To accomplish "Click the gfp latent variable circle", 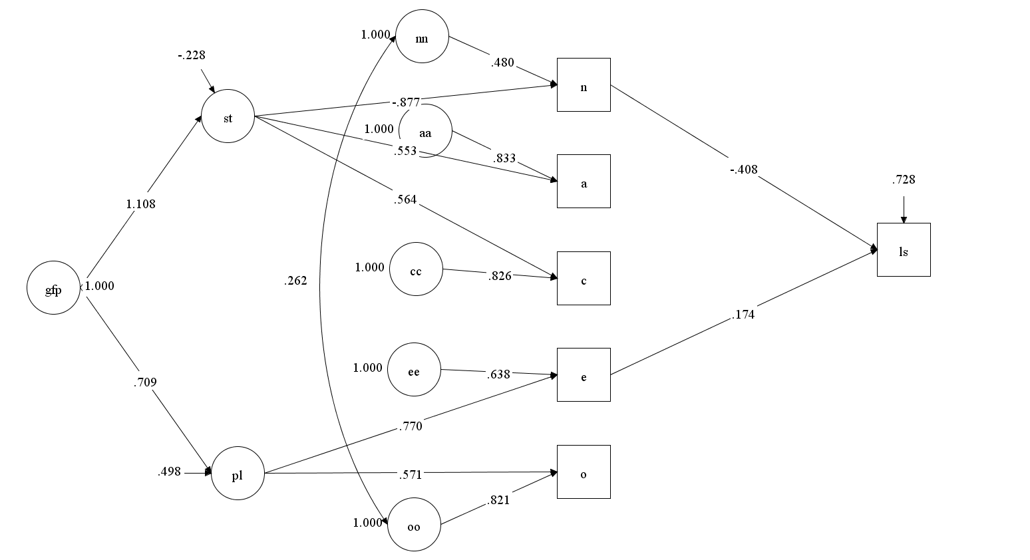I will tap(53, 289).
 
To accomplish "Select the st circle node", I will tap(228, 118).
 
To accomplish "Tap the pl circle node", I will tap(238, 475).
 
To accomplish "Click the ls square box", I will tap(903, 250).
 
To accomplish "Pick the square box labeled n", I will tap(584, 85).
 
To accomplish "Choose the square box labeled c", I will tap(584, 279).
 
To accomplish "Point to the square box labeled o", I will tap(584, 472).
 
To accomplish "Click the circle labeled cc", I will tap(415, 269).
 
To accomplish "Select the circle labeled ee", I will tap(413, 370).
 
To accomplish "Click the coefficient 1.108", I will tap(140, 204).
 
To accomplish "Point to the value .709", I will tap(144, 382).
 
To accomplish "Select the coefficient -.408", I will tap(743, 170).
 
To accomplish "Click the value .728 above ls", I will tap(903, 180).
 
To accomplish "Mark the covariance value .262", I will tap(295, 281).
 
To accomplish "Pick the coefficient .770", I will tap(410, 426).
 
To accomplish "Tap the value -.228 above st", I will tap(192, 56).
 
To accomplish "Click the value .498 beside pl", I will tap(169, 472).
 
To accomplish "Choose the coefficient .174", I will tap(743, 315).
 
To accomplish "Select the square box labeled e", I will tap(584, 375).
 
